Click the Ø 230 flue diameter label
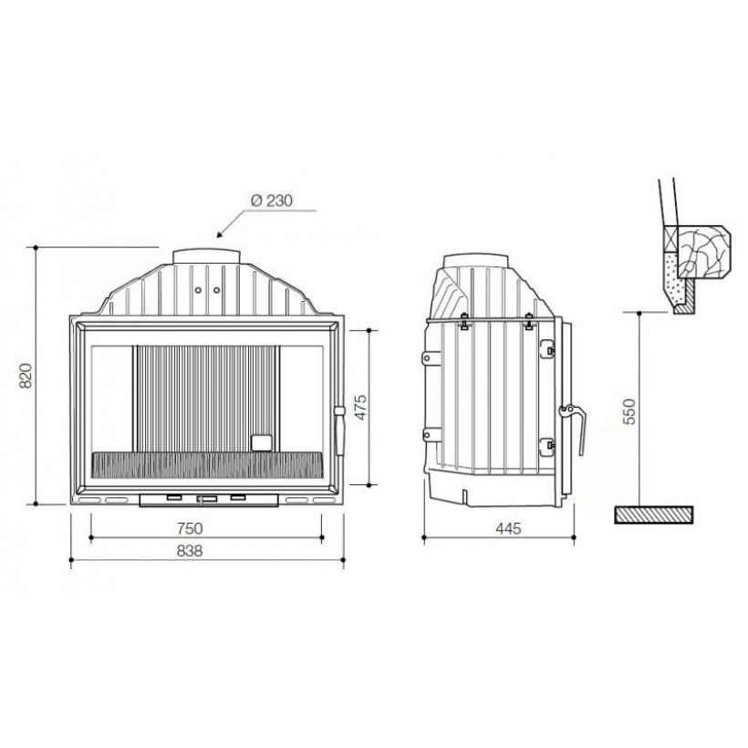point(272,201)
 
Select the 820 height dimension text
point(26,376)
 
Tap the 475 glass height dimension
point(360,407)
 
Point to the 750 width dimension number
point(190,528)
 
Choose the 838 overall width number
point(190,551)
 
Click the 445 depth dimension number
point(508,528)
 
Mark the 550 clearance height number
point(629,411)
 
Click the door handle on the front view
point(339,431)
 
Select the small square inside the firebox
point(262,442)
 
